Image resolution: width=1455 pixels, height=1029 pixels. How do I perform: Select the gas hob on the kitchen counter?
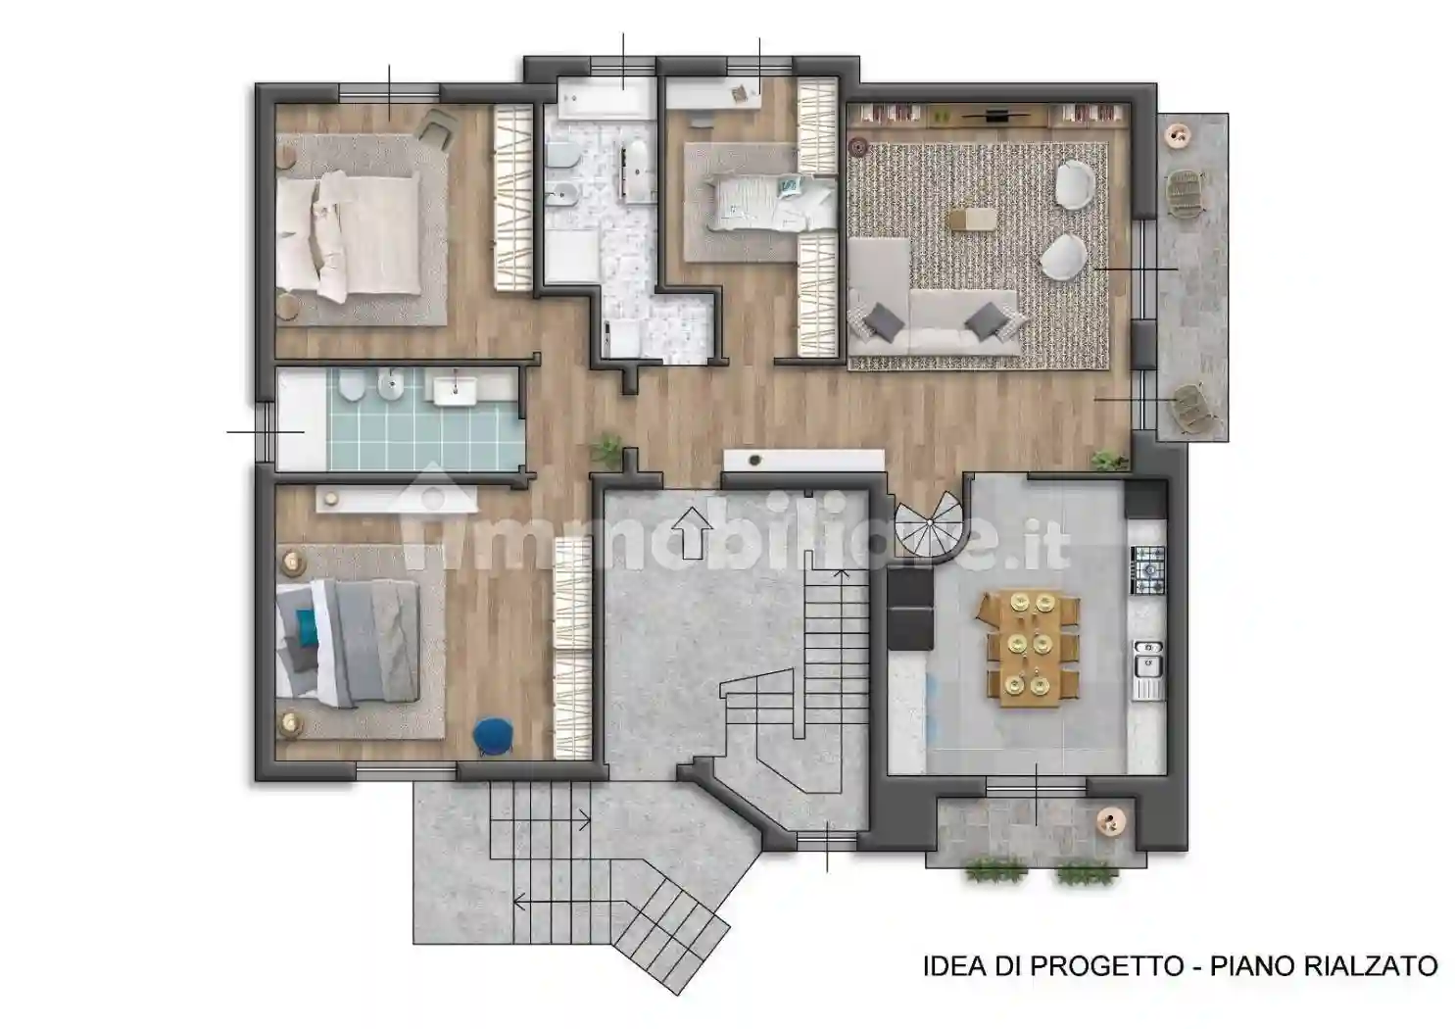(1148, 569)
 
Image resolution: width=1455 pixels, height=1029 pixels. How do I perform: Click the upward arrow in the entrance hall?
(695, 532)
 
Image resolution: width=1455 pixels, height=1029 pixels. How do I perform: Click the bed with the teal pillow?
(348, 641)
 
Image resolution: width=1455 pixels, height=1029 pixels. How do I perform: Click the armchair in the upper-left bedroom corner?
(438, 126)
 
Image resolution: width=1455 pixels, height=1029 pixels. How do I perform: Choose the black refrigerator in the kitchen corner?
(1144, 500)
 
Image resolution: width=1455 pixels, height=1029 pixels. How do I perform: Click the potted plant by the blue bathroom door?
(606, 449)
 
